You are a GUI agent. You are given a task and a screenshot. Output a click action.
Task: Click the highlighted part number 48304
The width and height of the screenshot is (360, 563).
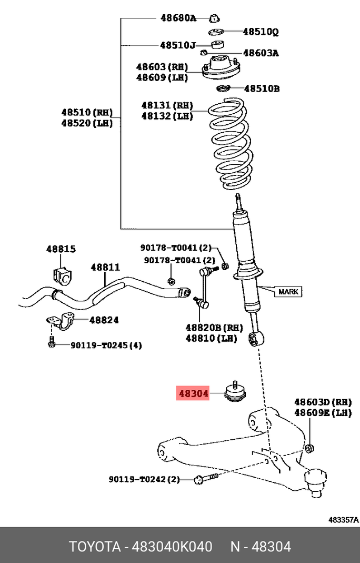193,393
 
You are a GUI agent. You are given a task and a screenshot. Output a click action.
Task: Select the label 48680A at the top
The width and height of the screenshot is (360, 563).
178,18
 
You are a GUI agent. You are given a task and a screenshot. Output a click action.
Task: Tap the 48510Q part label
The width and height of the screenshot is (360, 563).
260,32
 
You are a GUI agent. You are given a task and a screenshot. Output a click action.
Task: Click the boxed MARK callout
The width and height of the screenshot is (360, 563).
288,291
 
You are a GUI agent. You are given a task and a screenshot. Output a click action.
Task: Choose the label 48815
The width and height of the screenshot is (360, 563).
61,249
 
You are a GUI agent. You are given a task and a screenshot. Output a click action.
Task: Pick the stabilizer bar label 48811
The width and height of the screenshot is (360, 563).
105,268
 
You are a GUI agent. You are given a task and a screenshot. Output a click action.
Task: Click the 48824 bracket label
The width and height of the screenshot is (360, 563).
104,320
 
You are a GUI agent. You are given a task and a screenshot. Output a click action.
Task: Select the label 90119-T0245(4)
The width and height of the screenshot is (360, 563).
99,345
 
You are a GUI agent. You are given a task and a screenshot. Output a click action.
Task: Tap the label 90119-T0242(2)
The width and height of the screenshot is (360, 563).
144,479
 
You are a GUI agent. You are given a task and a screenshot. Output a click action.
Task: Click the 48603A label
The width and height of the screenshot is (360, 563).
261,53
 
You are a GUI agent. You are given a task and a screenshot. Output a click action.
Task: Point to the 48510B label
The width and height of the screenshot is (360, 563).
262,88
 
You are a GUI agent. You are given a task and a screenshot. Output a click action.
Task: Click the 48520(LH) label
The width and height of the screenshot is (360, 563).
86,123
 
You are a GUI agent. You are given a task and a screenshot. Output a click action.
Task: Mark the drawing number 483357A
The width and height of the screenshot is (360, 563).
343,520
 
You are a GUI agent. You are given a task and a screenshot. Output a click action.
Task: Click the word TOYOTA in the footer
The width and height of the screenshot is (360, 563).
95,546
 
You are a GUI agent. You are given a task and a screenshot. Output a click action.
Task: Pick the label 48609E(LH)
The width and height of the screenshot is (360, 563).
322,413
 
